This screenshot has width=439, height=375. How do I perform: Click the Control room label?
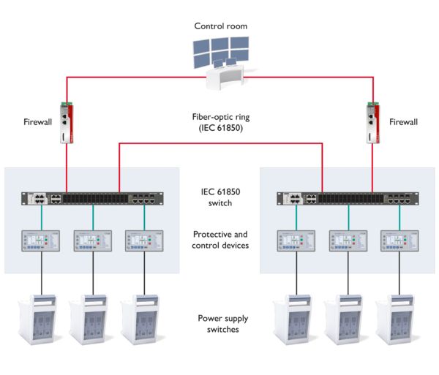tap(220, 26)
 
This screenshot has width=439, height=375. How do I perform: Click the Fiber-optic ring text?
tap(220, 121)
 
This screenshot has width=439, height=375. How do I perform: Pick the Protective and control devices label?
tap(220, 240)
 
